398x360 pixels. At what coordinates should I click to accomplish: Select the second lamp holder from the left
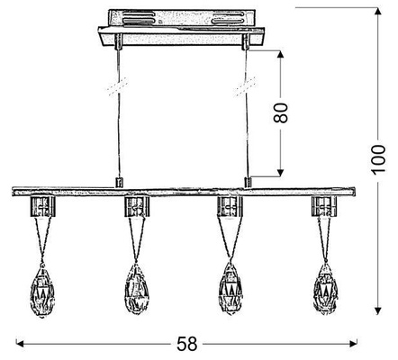136,208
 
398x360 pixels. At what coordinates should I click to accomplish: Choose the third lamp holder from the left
231,208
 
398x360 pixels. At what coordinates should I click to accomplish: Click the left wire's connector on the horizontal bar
117,184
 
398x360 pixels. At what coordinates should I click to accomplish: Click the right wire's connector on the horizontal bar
248,184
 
